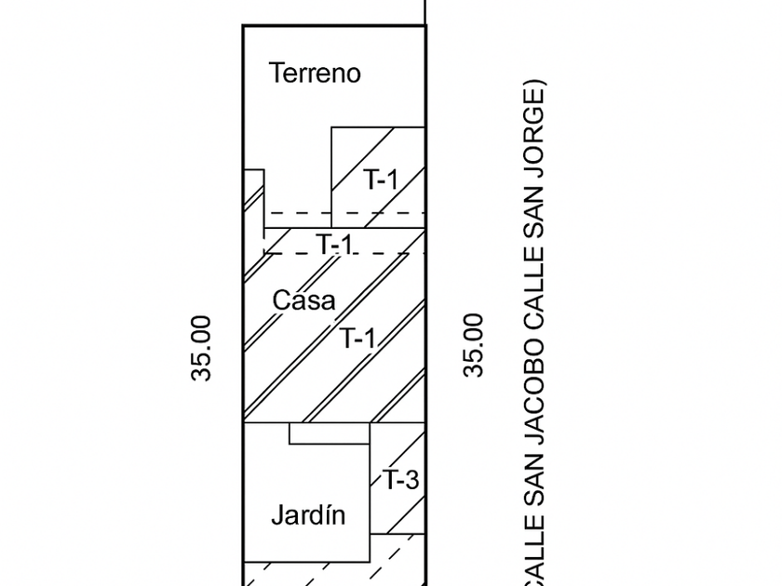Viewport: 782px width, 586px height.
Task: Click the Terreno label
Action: coord(315,73)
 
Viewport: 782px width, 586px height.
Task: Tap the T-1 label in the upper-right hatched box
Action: coord(380,180)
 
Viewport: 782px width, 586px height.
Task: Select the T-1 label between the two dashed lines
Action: coord(334,245)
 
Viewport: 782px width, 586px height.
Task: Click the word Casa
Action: coord(303,300)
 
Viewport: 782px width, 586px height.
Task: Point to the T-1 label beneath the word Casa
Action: coord(357,339)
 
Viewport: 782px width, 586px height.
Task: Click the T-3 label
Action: coord(401,481)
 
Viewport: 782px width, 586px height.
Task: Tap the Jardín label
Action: coord(308,515)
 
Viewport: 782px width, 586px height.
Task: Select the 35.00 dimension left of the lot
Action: coord(202,348)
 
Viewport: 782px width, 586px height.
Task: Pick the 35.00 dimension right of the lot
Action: coord(475,344)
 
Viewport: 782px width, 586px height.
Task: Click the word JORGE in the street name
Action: coord(537,139)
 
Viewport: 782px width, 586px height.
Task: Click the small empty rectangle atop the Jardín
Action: coord(330,433)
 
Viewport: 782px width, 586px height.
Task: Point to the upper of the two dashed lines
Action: coord(344,213)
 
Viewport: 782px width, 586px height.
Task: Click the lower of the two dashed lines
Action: coord(344,253)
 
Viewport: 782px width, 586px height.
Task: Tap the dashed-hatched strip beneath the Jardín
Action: coord(335,573)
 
